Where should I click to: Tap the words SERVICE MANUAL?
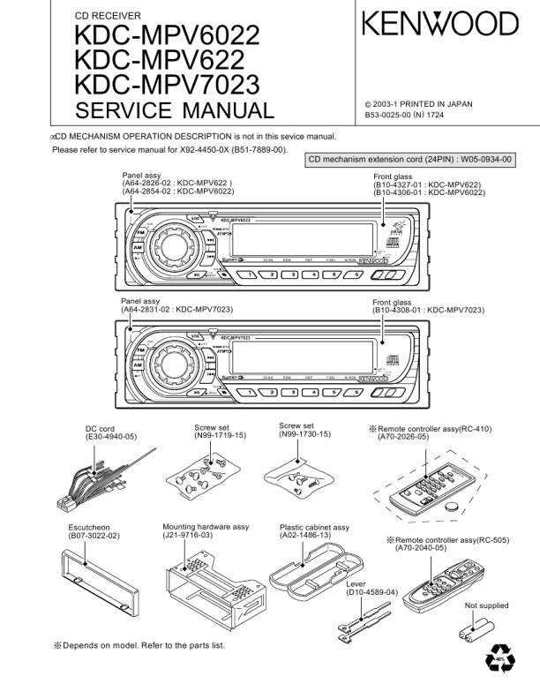[176, 111]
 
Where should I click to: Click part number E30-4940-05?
[111, 437]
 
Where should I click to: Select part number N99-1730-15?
[304, 434]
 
